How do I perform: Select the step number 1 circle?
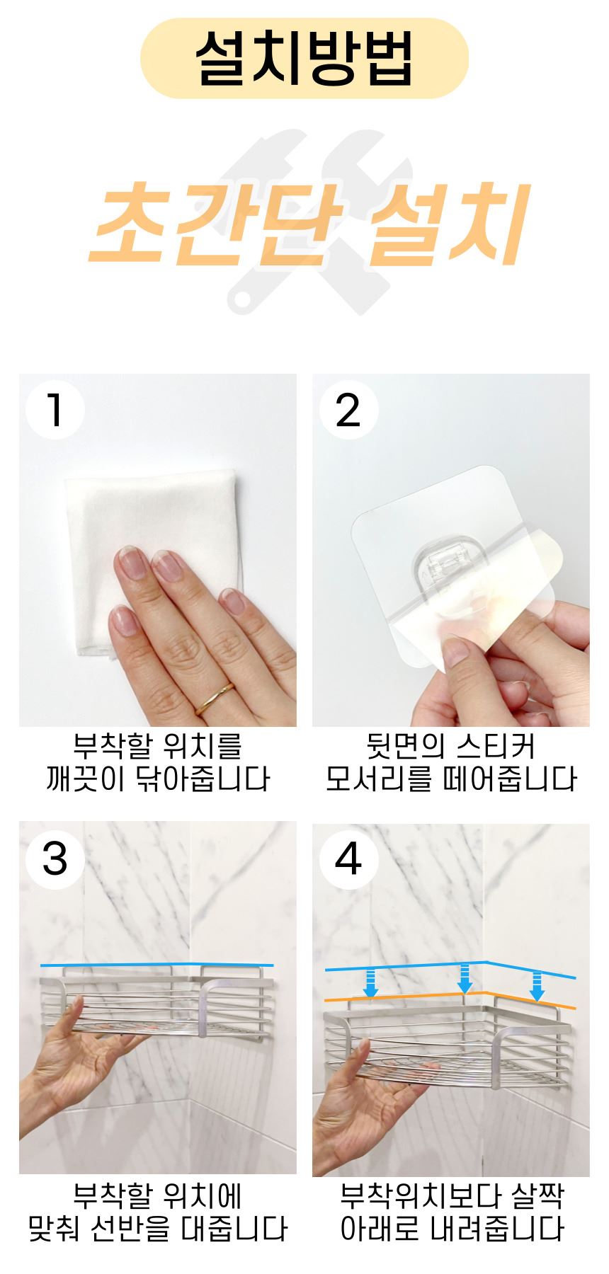[55, 410]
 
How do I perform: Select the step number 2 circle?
[348, 410]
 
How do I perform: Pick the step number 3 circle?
[55, 859]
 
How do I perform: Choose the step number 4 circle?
[348, 859]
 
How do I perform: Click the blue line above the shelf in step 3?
[157, 965]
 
